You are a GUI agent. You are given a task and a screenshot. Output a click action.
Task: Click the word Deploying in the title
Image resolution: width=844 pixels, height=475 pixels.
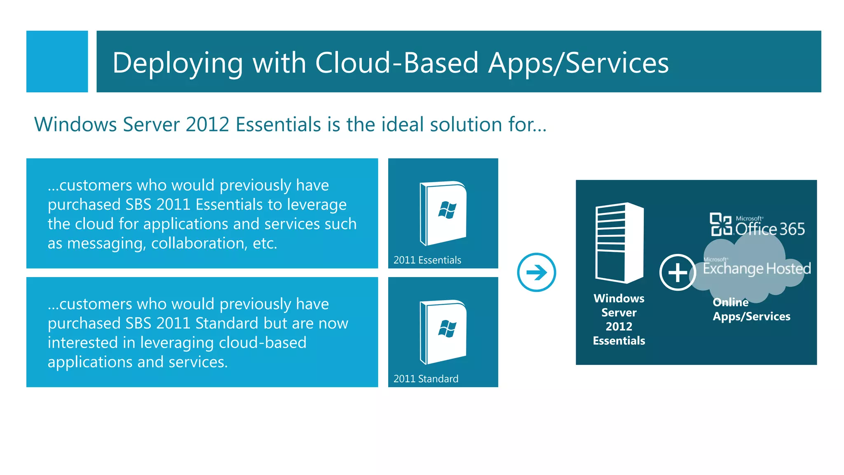[x=178, y=63]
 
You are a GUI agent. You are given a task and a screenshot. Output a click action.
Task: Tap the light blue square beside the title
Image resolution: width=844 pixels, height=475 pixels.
[x=57, y=61]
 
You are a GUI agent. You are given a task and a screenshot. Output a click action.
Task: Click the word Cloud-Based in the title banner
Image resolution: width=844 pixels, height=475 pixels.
[x=397, y=63]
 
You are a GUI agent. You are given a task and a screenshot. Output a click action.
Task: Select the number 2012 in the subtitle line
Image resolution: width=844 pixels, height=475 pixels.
[x=207, y=125]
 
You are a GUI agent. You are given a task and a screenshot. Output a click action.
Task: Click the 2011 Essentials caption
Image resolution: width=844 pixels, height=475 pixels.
[x=427, y=260]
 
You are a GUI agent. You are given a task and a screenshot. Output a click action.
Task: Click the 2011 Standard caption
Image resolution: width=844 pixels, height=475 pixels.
[x=426, y=379]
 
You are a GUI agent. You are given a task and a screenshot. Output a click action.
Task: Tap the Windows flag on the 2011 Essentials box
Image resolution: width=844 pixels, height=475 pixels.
[x=447, y=210]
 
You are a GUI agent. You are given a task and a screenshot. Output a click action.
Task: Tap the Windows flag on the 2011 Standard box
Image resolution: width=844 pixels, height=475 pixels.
[x=447, y=329]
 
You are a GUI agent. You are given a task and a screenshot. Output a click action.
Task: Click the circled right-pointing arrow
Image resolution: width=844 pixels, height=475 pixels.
[x=536, y=273]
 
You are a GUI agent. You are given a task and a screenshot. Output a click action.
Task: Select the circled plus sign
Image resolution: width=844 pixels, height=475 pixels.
[x=678, y=273]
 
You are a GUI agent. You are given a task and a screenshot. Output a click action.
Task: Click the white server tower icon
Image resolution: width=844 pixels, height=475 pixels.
[x=619, y=243]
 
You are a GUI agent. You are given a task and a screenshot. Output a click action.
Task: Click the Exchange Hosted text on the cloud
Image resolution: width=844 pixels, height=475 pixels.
[x=756, y=268]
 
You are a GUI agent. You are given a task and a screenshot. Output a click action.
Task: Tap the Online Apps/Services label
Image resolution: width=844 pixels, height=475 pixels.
[x=751, y=309]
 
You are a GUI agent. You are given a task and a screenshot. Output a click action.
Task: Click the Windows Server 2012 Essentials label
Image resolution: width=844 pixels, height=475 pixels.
[x=619, y=319]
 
